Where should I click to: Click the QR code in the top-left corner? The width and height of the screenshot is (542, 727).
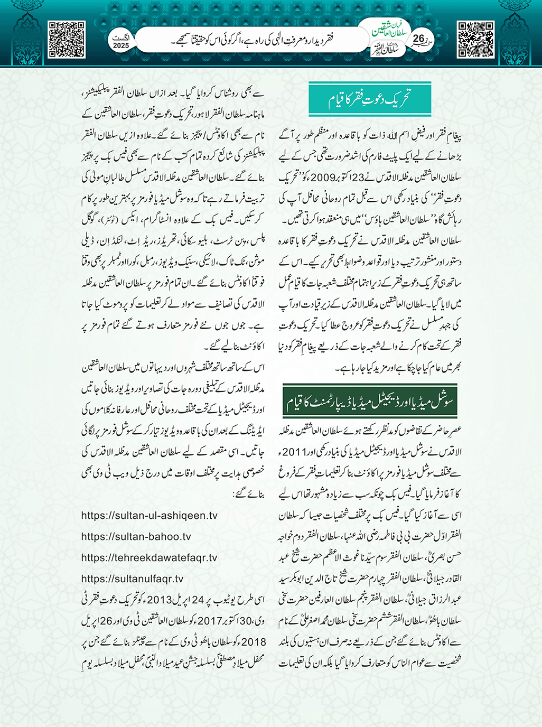pyautogui.click(x=67, y=40)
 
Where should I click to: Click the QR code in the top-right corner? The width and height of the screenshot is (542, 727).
pyautogui.click(x=475, y=40)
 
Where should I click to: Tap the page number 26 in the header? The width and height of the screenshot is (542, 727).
pyautogui.click(x=418, y=39)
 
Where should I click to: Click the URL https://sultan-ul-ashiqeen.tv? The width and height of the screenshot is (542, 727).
pyautogui.click(x=149, y=516)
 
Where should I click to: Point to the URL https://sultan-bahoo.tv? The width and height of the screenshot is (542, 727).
pyautogui.click(x=136, y=537)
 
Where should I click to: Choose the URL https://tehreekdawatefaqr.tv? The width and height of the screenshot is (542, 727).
pyautogui.click(x=149, y=558)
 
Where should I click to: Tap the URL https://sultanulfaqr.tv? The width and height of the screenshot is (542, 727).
pyautogui.click(x=133, y=579)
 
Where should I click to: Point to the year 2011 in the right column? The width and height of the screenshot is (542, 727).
pyautogui.click(x=294, y=452)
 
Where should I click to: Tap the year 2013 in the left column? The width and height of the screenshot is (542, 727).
pyautogui.click(x=159, y=600)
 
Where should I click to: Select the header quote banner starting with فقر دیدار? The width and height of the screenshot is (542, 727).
pyautogui.click(x=254, y=39)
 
